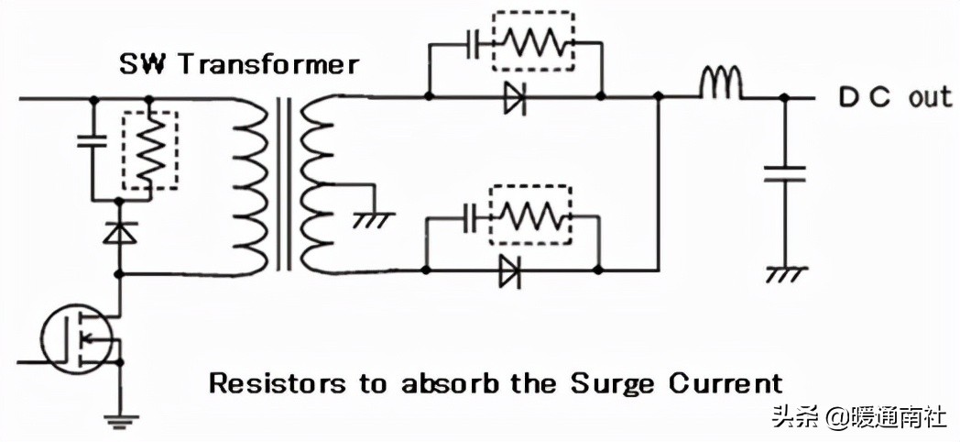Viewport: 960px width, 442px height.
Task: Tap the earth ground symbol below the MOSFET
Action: click(x=119, y=422)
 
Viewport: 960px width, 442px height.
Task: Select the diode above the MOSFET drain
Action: click(x=119, y=233)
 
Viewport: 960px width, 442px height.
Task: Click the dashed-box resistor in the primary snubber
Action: click(x=149, y=149)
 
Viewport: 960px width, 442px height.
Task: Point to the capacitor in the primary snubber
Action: click(x=93, y=142)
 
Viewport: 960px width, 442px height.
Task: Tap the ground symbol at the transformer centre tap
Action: click(x=375, y=218)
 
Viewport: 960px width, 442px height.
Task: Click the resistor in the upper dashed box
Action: click(x=533, y=42)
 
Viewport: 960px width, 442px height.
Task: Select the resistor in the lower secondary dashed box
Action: click(x=532, y=215)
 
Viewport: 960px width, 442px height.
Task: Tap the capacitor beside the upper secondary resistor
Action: click(x=473, y=44)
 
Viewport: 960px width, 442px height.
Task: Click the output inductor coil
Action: click(x=721, y=85)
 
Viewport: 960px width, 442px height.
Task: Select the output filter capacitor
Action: click(x=784, y=174)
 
